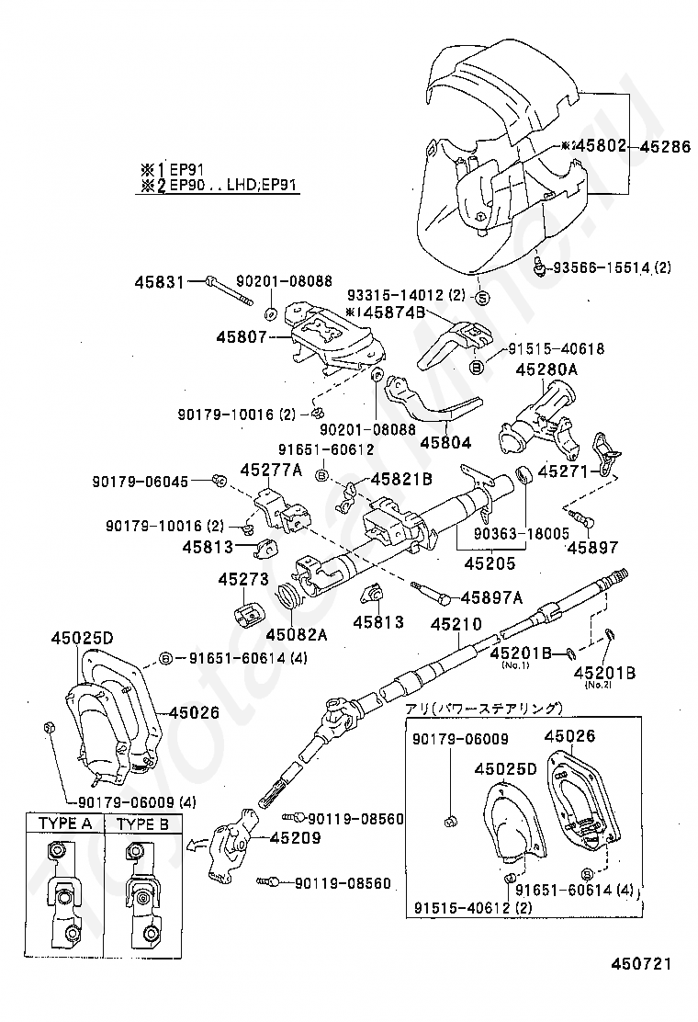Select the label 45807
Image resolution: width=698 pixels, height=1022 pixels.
click(242, 337)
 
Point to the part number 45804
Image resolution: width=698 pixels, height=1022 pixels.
click(445, 442)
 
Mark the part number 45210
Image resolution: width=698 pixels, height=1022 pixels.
click(456, 624)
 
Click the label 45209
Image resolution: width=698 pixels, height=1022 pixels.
click(295, 837)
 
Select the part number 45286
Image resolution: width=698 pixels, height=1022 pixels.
click(667, 145)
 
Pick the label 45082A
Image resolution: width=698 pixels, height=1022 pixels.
click(298, 633)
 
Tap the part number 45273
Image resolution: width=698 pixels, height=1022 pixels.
click(242, 580)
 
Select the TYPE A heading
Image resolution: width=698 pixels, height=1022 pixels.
click(65, 823)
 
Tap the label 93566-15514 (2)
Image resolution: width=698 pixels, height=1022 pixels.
click(611, 267)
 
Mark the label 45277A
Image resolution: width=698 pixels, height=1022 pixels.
click(271, 470)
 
